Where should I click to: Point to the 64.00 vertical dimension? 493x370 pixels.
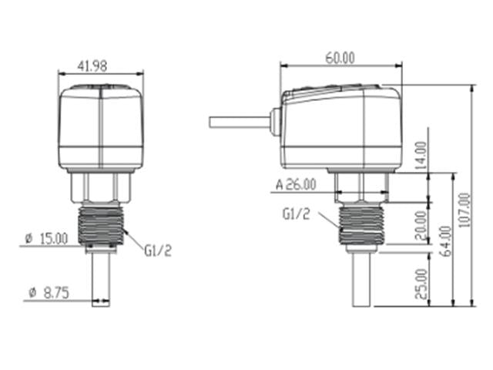pyautogui.click(x=444, y=241)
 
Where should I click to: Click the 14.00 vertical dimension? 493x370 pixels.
pyautogui.click(x=421, y=155)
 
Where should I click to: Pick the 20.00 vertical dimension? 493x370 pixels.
pyautogui.click(x=421, y=226)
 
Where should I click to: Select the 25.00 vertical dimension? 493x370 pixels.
pyautogui.click(x=421, y=284)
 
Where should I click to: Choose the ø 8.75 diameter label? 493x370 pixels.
pyautogui.click(x=49, y=293)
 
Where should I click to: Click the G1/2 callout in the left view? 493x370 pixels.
pyautogui.click(x=158, y=249)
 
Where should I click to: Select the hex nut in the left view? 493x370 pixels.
pyautogui.click(x=101, y=185)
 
